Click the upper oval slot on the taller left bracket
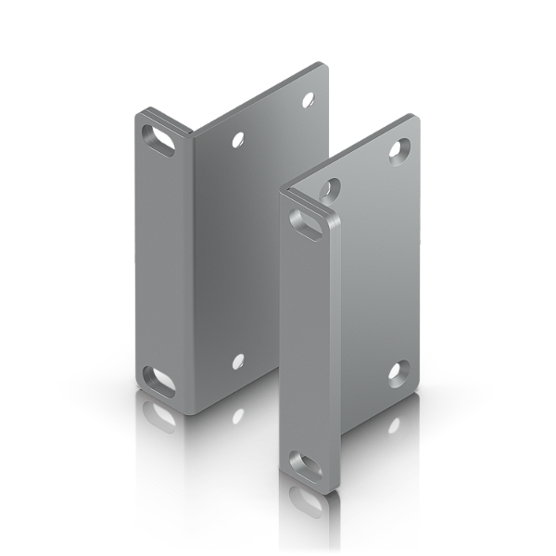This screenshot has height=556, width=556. coord(159,141)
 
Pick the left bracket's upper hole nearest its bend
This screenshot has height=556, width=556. coord(238,140)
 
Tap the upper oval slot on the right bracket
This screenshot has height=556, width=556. coord(310,223)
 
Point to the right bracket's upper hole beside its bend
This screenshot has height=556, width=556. coord(327,189)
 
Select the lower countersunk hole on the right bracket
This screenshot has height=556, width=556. coord(396,369)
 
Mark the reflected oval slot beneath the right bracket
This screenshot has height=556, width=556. coord(305,501)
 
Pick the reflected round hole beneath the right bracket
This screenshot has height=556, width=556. coord(396,430)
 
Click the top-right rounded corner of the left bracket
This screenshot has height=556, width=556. coord(322,66)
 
